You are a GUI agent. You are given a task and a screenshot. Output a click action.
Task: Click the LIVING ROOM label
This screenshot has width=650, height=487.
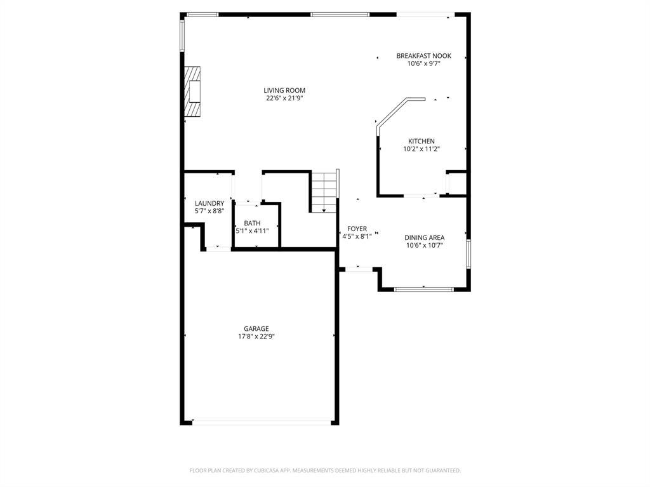[x=284, y=91]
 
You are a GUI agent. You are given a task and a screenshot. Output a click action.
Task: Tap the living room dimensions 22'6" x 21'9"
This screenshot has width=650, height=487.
[x=284, y=98]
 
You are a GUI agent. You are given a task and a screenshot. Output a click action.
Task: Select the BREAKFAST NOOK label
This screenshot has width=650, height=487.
[x=423, y=56]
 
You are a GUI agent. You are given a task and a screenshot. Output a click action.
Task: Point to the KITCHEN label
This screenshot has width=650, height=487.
[x=421, y=141]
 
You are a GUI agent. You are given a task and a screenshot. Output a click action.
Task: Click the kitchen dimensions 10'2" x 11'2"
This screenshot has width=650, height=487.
[x=421, y=149]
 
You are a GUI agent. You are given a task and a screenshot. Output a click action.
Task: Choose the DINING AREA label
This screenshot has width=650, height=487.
[x=424, y=237]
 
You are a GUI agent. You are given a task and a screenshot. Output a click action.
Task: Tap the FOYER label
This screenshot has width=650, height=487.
[x=357, y=229]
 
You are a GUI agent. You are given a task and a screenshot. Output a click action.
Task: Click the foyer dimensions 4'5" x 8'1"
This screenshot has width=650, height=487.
[x=357, y=236]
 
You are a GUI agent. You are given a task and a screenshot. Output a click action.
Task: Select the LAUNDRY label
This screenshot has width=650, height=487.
[x=209, y=203]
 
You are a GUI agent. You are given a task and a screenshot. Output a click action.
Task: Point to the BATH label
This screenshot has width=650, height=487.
[x=252, y=223]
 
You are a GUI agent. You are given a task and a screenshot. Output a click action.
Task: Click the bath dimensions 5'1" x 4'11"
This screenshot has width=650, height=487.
[x=252, y=230]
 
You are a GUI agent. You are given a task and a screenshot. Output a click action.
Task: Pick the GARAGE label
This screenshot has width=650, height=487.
[x=256, y=329]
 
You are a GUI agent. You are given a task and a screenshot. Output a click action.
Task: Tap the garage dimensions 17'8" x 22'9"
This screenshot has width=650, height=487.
[x=256, y=337]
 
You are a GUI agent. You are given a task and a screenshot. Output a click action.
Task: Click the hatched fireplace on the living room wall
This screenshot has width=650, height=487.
[x=192, y=95]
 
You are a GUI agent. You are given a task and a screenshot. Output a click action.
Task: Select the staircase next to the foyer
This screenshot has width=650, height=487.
[x=323, y=191]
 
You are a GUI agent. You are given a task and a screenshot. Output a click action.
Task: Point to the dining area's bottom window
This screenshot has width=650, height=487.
[x=423, y=290]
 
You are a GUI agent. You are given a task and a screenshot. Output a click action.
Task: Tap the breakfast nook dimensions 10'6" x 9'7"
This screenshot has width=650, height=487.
[x=423, y=63]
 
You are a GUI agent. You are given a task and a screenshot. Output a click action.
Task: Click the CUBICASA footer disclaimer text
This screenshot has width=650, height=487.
[x=325, y=470]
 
